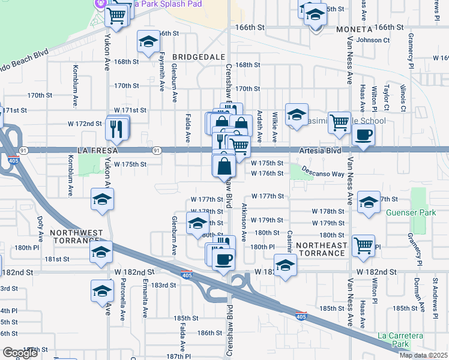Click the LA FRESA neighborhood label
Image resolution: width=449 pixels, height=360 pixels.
tap(95, 149)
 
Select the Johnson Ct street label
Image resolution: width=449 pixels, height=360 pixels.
tap(373, 40)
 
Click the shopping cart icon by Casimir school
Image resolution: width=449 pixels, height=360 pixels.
tap(339, 122)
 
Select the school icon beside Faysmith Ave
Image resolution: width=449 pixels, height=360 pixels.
tap(148, 42)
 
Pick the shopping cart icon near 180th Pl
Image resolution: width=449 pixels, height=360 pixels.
tap(363, 245)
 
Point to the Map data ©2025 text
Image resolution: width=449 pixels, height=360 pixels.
tap(423, 355)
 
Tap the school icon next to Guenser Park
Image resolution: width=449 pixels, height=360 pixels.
tap(368, 202)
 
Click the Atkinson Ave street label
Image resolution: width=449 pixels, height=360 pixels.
tap(244, 221)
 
